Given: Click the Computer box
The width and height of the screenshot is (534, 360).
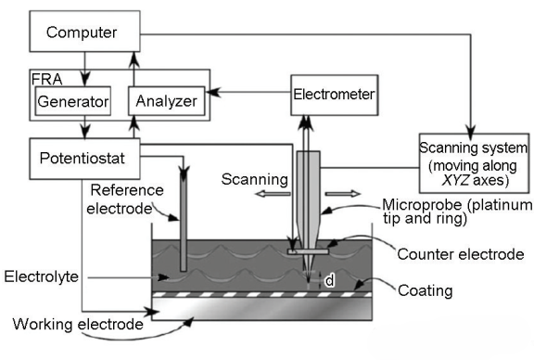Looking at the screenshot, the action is pos(84,32).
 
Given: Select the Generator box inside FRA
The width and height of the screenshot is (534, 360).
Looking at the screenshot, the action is pos(73,101).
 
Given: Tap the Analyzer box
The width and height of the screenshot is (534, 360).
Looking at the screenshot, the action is pos(167,101).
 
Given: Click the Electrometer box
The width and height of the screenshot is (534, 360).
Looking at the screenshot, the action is pos(334,95).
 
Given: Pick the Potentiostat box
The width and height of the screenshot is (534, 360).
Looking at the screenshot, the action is pos(84,159).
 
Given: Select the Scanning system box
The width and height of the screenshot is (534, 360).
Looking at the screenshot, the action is pos(474,163).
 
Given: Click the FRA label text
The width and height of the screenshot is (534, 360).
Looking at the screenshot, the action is pos(46,79).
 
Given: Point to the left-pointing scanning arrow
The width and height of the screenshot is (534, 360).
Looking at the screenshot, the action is pos(273,194).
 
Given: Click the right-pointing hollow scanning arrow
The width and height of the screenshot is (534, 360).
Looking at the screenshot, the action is pos(343,194).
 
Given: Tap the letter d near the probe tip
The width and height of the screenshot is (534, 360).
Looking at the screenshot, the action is pos(329,280).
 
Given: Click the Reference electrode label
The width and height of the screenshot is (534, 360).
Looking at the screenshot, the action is pos(124,199).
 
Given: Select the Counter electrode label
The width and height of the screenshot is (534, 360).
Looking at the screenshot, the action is pos(461,254).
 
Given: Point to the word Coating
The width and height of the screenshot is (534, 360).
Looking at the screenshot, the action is pos(425,290).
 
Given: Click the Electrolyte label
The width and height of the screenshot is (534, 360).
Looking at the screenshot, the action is pos(41,276).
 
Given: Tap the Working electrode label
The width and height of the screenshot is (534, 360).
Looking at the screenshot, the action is pos(78,324).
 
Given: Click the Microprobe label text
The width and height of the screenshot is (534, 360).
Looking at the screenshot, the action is pos(457,211).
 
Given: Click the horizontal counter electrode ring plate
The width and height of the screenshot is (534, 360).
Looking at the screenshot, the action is pos(308,251).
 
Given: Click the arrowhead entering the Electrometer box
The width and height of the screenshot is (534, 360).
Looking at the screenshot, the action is pos(306,123).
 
